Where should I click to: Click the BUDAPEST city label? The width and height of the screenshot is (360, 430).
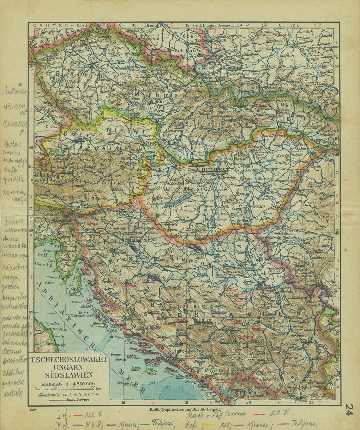pos(215,170)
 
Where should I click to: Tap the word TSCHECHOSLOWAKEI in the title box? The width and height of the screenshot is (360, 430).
pos(68,359)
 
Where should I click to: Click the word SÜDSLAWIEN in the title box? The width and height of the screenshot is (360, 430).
pos(69,375)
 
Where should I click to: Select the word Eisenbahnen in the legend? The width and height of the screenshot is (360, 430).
pos(78,399)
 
